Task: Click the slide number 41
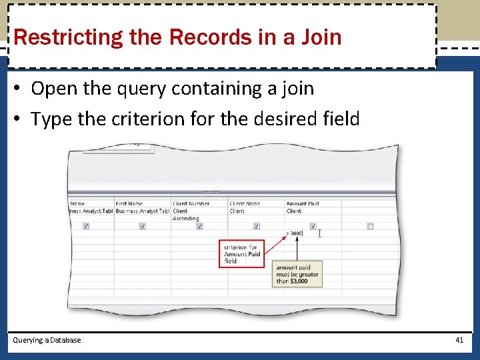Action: click(459, 340)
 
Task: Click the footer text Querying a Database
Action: click(47, 340)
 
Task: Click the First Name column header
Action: click(129, 203)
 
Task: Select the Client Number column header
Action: click(191, 203)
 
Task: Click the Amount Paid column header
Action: click(303, 203)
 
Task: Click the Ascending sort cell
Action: click(186, 219)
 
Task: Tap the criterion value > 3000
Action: click(295, 233)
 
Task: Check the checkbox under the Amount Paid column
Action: click(313, 226)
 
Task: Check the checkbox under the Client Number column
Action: click(199, 226)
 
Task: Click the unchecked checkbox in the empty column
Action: click(370, 226)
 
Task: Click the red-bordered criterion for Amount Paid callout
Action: click(241, 254)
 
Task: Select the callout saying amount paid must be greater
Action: click(297, 274)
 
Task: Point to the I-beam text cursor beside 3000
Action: click(320, 233)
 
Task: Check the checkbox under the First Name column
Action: click(143, 226)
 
